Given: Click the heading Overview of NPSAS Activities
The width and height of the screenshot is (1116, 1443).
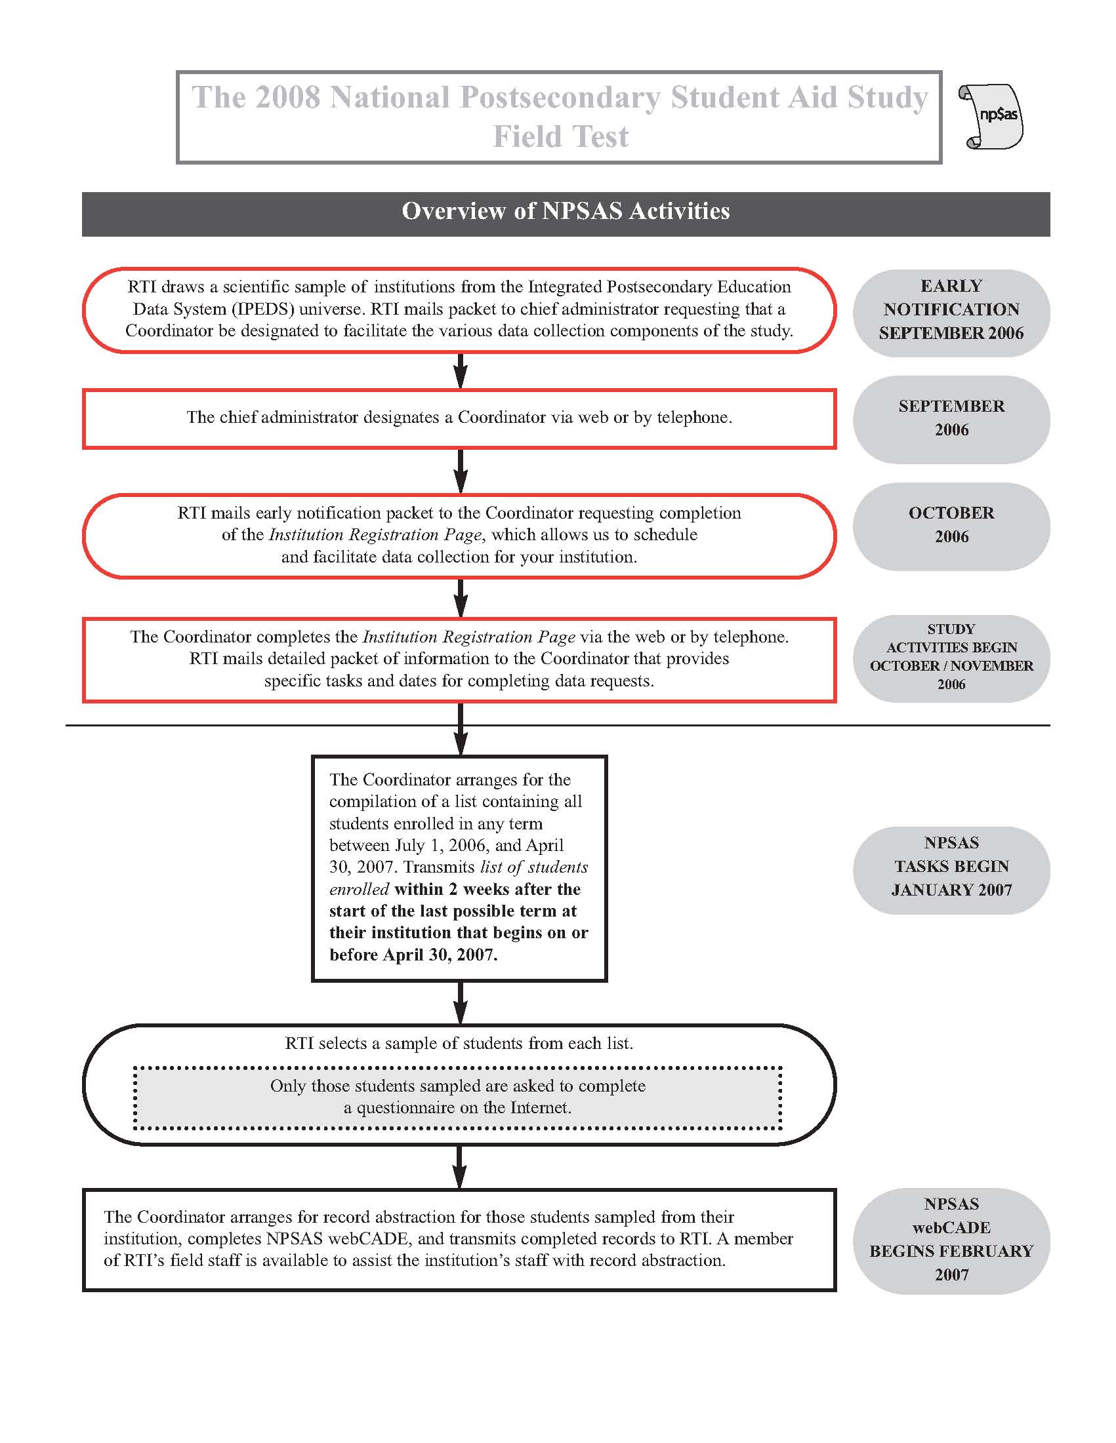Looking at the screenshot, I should (x=566, y=211).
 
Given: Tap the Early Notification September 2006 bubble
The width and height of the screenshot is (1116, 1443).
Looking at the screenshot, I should (x=951, y=310).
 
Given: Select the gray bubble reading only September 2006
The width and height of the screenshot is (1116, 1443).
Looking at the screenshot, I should (x=951, y=418).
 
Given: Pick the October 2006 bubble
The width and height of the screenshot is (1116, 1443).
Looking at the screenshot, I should (x=951, y=525).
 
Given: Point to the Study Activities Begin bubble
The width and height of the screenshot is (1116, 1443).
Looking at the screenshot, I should (x=951, y=658).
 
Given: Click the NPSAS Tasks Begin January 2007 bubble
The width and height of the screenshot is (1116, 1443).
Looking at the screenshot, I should (x=951, y=867).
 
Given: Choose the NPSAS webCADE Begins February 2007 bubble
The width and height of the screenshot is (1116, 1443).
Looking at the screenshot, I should (x=951, y=1240).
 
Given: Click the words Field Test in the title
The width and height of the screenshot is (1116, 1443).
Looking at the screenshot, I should (x=561, y=137).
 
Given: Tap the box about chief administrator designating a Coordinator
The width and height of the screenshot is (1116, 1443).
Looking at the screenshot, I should (x=459, y=418).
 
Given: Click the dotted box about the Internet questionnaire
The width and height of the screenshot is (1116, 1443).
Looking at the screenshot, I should (x=457, y=1097).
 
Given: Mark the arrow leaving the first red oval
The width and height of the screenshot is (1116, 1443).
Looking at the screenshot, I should (x=461, y=371).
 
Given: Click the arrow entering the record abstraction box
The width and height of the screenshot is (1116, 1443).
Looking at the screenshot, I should (x=460, y=1168).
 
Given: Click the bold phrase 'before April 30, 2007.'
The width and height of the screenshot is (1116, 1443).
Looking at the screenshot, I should (x=413, y=955).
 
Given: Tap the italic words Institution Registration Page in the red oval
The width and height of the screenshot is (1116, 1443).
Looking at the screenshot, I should (x=375, y=534).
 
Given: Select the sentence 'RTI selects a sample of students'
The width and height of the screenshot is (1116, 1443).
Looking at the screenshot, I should (x=459, y=1043).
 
